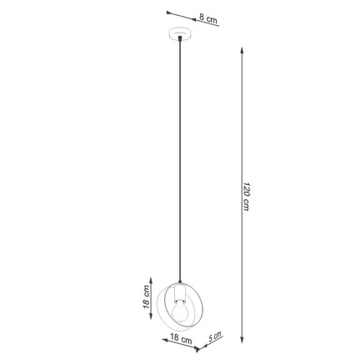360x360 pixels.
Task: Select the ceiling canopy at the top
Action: [180, 36]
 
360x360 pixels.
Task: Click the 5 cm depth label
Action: [216, 337]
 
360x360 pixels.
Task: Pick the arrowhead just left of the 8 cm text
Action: [196, 19]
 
